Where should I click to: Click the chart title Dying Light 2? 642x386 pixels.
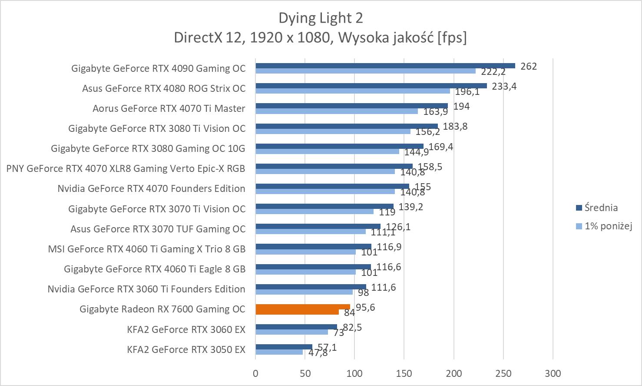[321, 18]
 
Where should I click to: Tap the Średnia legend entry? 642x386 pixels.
[601, 208]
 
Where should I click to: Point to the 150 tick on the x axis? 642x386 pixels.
[404, 373]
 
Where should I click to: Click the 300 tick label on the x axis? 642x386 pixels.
[553, 373]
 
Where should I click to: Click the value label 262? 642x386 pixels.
[529, 66]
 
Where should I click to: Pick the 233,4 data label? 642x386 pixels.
[504, 86]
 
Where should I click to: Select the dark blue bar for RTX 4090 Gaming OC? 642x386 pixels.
[385, 66]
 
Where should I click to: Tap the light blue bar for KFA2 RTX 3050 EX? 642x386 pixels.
[279, 352]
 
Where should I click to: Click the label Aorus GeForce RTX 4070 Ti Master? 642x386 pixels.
[169, 108]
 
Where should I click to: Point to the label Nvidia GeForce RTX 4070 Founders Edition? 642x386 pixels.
[151, 188]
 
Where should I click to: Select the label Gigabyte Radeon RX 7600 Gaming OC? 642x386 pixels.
[162, 309]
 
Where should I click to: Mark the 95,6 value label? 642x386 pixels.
[365, 307]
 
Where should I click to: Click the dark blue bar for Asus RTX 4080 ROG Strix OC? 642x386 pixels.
[371, 86]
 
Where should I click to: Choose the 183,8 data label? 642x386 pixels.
[455, 126]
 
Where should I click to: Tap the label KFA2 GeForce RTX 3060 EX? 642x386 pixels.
[186, 329]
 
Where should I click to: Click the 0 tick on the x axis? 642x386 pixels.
[255, 373]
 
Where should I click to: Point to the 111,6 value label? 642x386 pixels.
[384, 287]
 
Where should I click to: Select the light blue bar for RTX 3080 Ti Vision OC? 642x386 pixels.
[333, 131]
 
